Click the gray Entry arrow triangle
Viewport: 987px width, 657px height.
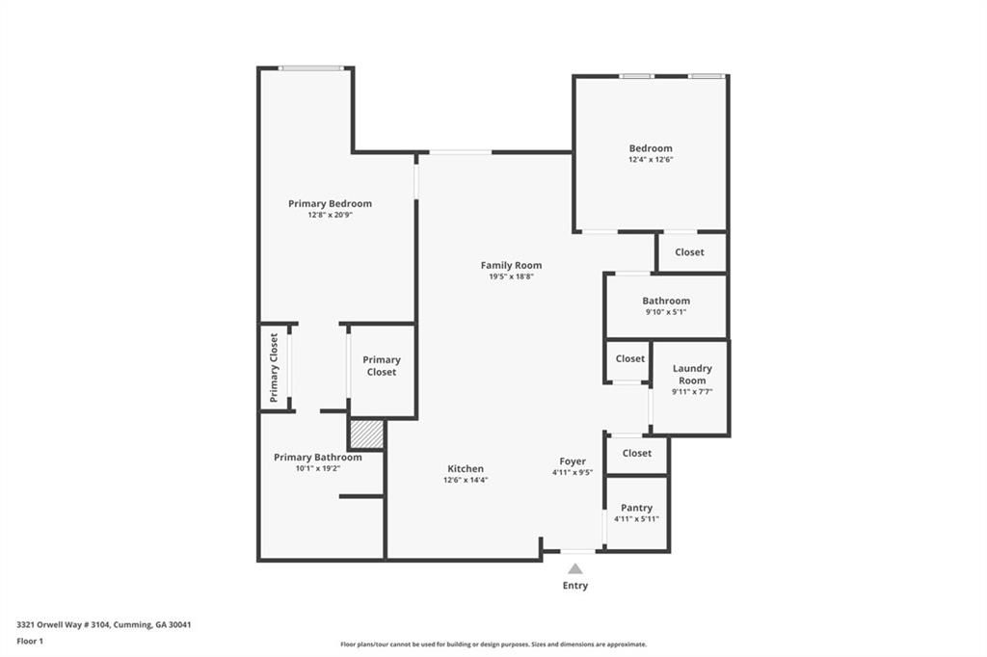(x=574, y=569)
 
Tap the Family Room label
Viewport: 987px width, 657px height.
(x=511, y=266)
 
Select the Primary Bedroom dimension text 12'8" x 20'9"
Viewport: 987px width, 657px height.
(x=330, y=215)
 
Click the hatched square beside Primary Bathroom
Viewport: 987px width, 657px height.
(x=366, y=434)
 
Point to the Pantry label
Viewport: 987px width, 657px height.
(x=636, y=508)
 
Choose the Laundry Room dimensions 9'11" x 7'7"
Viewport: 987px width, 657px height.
(x=692, y=391)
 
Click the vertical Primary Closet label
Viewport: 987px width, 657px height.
(x=274, y=368)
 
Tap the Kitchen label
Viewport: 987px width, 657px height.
(x=466, y=469)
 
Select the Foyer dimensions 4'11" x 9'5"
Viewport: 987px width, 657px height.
(x=573, y=473)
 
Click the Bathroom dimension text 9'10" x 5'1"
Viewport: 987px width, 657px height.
(x=666, y=311)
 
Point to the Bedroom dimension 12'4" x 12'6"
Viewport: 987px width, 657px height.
(x=651, y=159)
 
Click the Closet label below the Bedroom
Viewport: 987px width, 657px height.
(x=689, y=251)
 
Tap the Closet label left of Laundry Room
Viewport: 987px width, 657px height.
(x=630, y=358)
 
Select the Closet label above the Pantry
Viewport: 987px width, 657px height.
(x=637, y=453)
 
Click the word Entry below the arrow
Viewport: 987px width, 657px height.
(x=575, y=586)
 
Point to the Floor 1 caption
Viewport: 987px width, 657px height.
(x=30, y=642)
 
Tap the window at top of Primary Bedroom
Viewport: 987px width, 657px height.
(x=311, y=68)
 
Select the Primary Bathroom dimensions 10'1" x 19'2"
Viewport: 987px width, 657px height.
(x=318, y=468)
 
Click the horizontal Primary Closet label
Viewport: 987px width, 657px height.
(x=382, y=366)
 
